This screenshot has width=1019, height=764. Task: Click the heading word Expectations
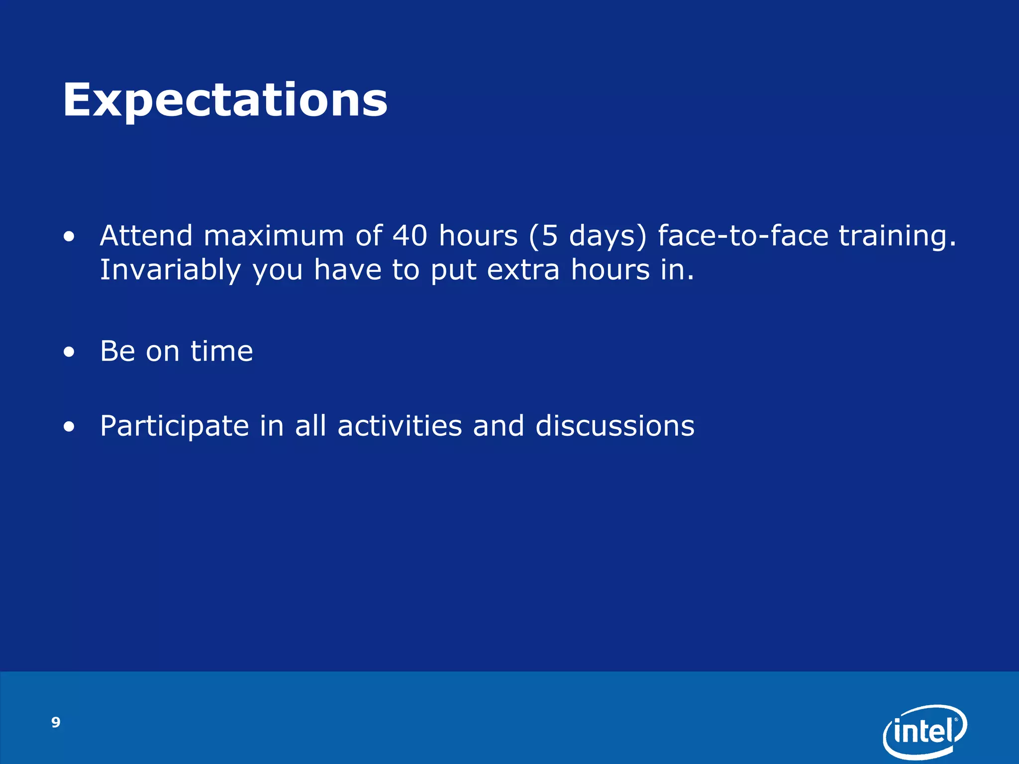(x=225, y=100)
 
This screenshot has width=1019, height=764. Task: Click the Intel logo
(x=925, y=731)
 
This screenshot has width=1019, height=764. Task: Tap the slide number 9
(x=56, y=722)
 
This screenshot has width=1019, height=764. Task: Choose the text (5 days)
(x=588, y=236)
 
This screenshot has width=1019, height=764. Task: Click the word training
(x=898, y=236)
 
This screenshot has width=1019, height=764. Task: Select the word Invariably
(x=171, y=271)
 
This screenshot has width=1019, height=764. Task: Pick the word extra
(x=523, y=271)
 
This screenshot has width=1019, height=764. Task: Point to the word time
(x=222, y=351)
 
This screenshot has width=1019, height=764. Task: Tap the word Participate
(x=175, y=427)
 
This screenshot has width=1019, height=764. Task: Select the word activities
(x=400, y=426)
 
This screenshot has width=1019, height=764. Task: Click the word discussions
(x=615, y=426)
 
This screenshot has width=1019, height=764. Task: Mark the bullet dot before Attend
(x=69, y=237)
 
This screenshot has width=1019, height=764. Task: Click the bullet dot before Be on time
(x=69, y=353)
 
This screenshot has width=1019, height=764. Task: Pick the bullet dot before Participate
(x=69, y=427)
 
